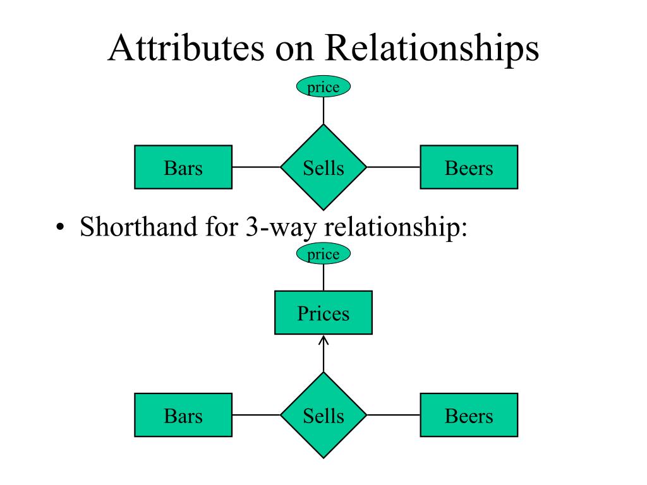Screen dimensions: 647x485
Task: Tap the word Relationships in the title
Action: coord(432,49)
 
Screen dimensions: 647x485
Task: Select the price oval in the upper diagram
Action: coord(323,87)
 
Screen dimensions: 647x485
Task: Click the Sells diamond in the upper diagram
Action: coord(323,167)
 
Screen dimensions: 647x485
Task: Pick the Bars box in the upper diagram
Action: coord(183,167)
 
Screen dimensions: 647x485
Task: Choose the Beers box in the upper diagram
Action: coord(469,167)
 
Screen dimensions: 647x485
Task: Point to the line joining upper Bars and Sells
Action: coord(257,167)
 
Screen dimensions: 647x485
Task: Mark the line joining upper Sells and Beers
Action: coord(393,167)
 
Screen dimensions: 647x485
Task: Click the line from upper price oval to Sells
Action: coord(323,111)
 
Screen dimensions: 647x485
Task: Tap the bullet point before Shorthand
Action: coord(61,227)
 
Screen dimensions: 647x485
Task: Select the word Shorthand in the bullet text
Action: coord(138,226)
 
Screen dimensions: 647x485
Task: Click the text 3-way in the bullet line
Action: coord(281,227)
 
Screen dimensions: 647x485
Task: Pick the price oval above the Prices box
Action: coord(323,254)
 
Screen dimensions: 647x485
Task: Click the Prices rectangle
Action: coord(323,313)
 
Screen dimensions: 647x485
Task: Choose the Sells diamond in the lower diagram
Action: coord(323,416)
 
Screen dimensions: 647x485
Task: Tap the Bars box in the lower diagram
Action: coord(183,415)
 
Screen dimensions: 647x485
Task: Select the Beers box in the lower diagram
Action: coord(469,415)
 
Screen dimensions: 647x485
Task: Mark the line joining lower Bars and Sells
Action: coord(257,415)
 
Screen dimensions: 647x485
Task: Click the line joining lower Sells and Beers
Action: coord(393,415)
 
